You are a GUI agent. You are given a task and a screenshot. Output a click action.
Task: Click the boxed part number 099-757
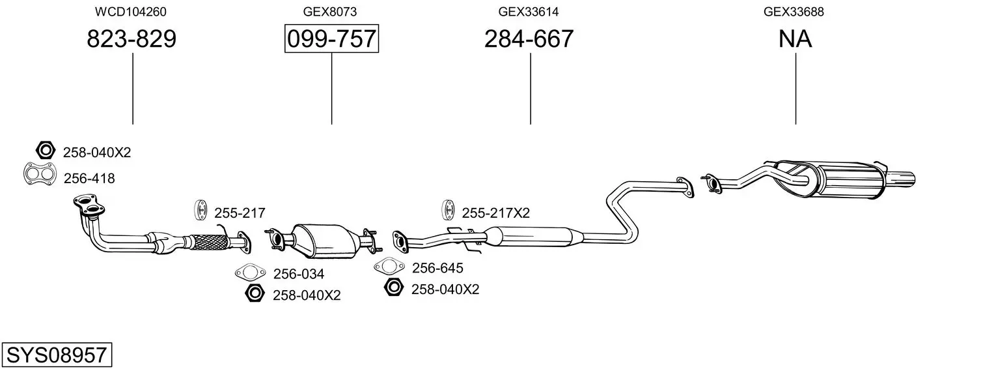331,38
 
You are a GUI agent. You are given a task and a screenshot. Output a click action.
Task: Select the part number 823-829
131,38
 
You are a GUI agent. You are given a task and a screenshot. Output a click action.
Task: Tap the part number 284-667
529,38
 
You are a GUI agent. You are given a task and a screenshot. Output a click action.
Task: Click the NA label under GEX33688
795,38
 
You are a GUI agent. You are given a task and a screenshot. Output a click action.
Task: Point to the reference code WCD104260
131,12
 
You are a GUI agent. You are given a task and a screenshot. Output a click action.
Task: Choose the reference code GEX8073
330,12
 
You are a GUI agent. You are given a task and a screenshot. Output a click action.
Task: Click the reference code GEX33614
528,12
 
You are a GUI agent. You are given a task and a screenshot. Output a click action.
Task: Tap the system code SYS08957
57,355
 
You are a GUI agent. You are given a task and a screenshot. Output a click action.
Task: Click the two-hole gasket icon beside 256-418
40,174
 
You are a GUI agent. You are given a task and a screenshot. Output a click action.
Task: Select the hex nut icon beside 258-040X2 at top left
46,151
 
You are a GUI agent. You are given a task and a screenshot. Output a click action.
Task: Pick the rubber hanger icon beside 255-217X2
448,211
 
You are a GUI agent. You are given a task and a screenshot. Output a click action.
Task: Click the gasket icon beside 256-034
251,272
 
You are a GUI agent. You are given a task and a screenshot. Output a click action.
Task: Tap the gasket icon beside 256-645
389,266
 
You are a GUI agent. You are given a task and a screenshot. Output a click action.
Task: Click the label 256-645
437,268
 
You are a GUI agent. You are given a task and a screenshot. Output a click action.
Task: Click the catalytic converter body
327,241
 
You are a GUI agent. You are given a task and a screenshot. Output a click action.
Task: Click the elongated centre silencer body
534,237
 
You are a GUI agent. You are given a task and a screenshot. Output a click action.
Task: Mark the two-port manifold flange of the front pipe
89,205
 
